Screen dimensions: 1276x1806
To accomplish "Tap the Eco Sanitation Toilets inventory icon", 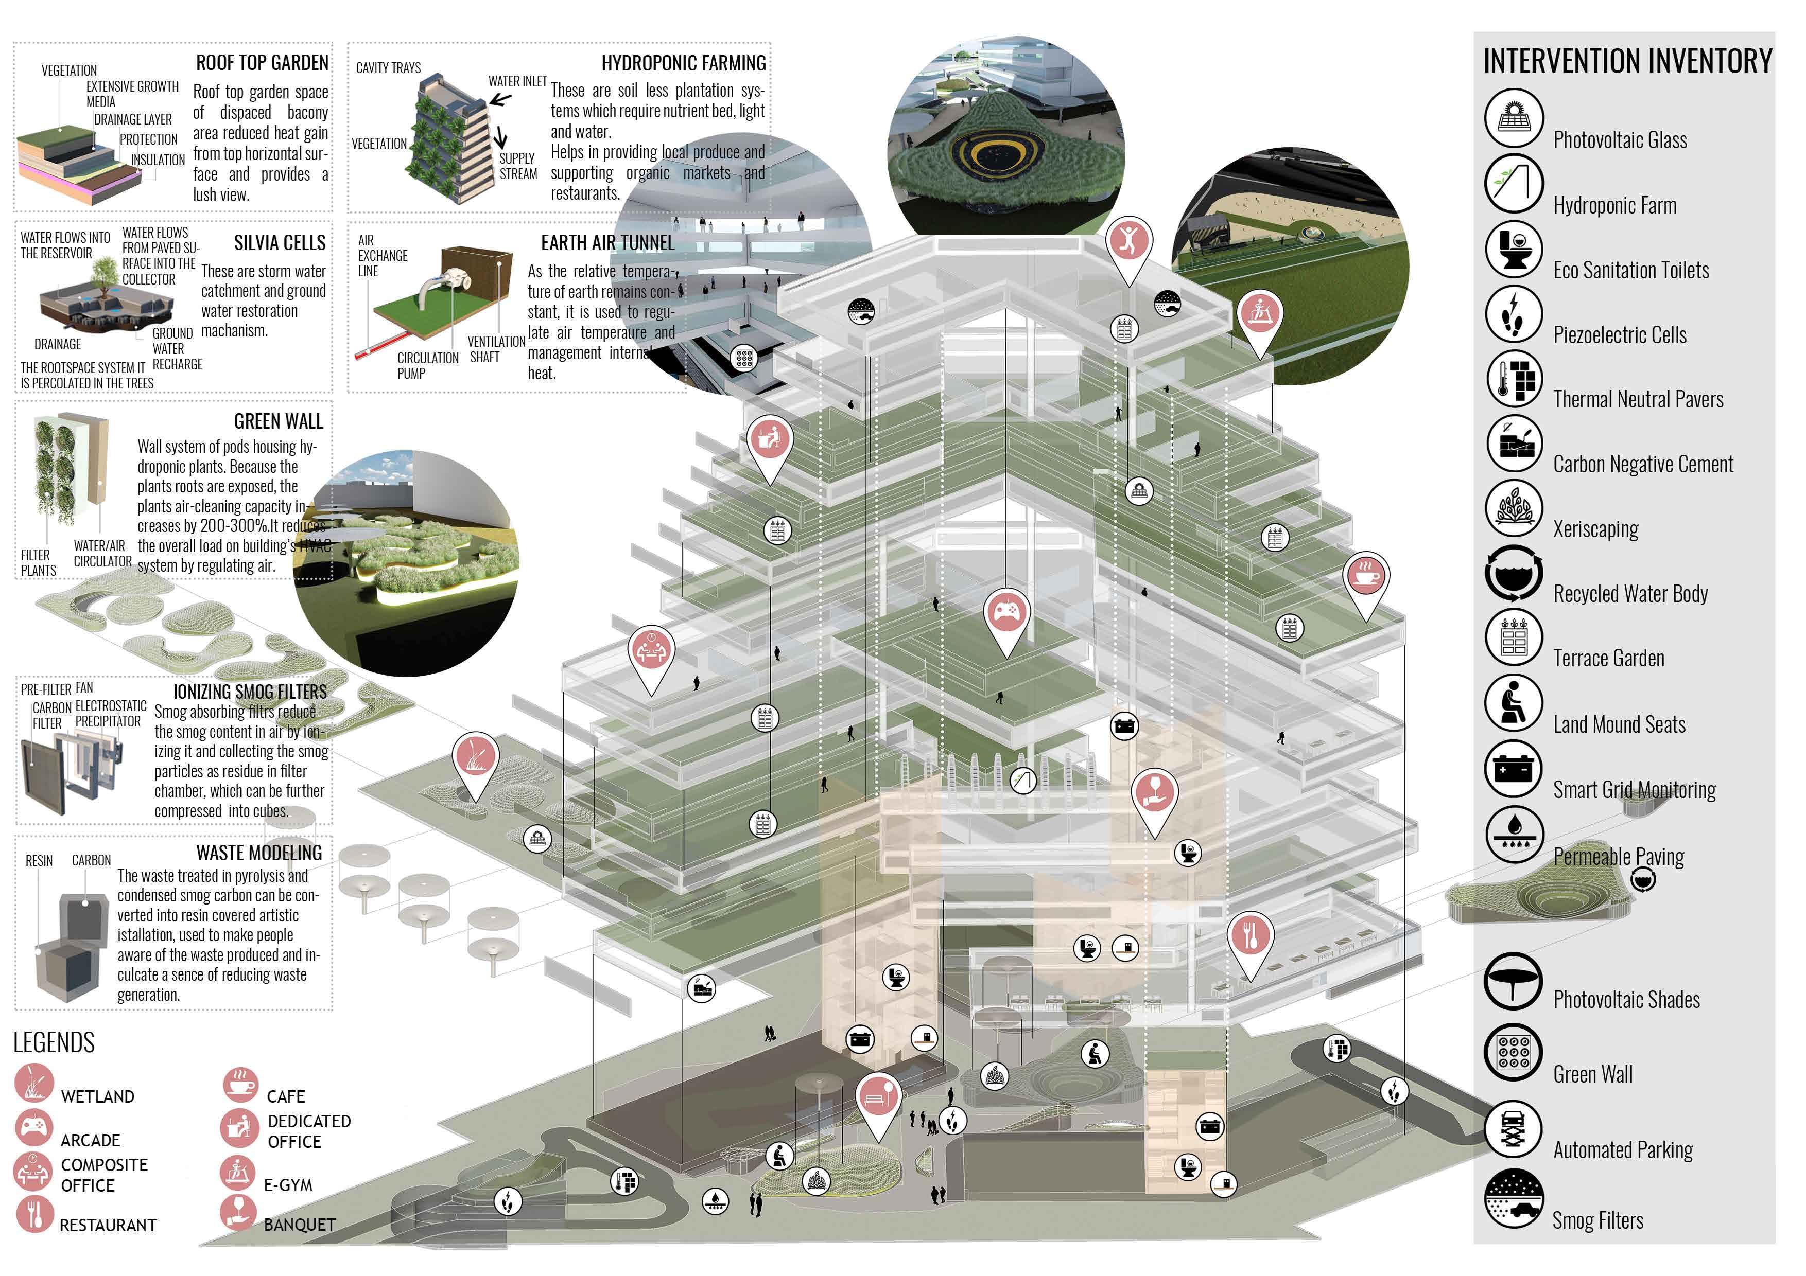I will [x=1514, y=249].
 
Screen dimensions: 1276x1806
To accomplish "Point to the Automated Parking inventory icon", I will [x=1514, y=1129].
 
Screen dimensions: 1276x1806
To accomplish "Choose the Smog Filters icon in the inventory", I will [x=1514, y=1198].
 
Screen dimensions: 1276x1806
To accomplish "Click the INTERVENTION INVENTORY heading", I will [x=1627, y=61].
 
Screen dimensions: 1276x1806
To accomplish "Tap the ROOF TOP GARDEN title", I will [x=262, y=63].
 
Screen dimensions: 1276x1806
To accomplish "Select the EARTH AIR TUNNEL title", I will [x=607, y=243].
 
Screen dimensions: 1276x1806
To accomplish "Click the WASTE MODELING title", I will [x=259, y=853].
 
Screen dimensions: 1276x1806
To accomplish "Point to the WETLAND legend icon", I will [x=34, y=1082].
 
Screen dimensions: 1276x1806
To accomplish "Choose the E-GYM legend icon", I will [x=237, y=1172].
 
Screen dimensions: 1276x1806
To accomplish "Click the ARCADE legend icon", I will [x=34, y=1127].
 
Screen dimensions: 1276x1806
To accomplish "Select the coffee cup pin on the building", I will [x=1366, y=576].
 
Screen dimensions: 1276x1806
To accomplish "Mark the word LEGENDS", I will [x=54, y=1042].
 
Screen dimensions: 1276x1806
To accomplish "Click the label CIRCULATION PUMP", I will [x=427, y=366].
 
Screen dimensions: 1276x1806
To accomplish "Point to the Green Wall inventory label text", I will [x=1593, y=1075].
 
